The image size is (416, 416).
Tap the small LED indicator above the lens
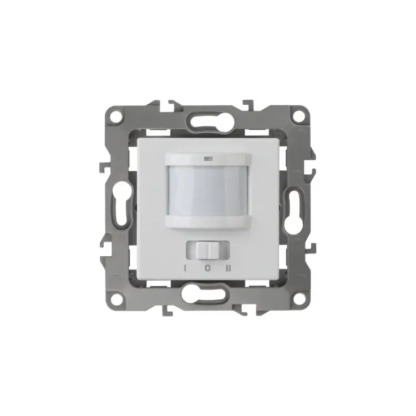pos(208,159)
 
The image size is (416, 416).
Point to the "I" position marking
pos(186,268)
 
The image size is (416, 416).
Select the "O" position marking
pos(208,268)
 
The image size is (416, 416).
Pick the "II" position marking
pos(229,268)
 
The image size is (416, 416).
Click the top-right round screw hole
pos(300,115)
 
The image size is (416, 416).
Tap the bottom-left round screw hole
pos(116,300)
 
